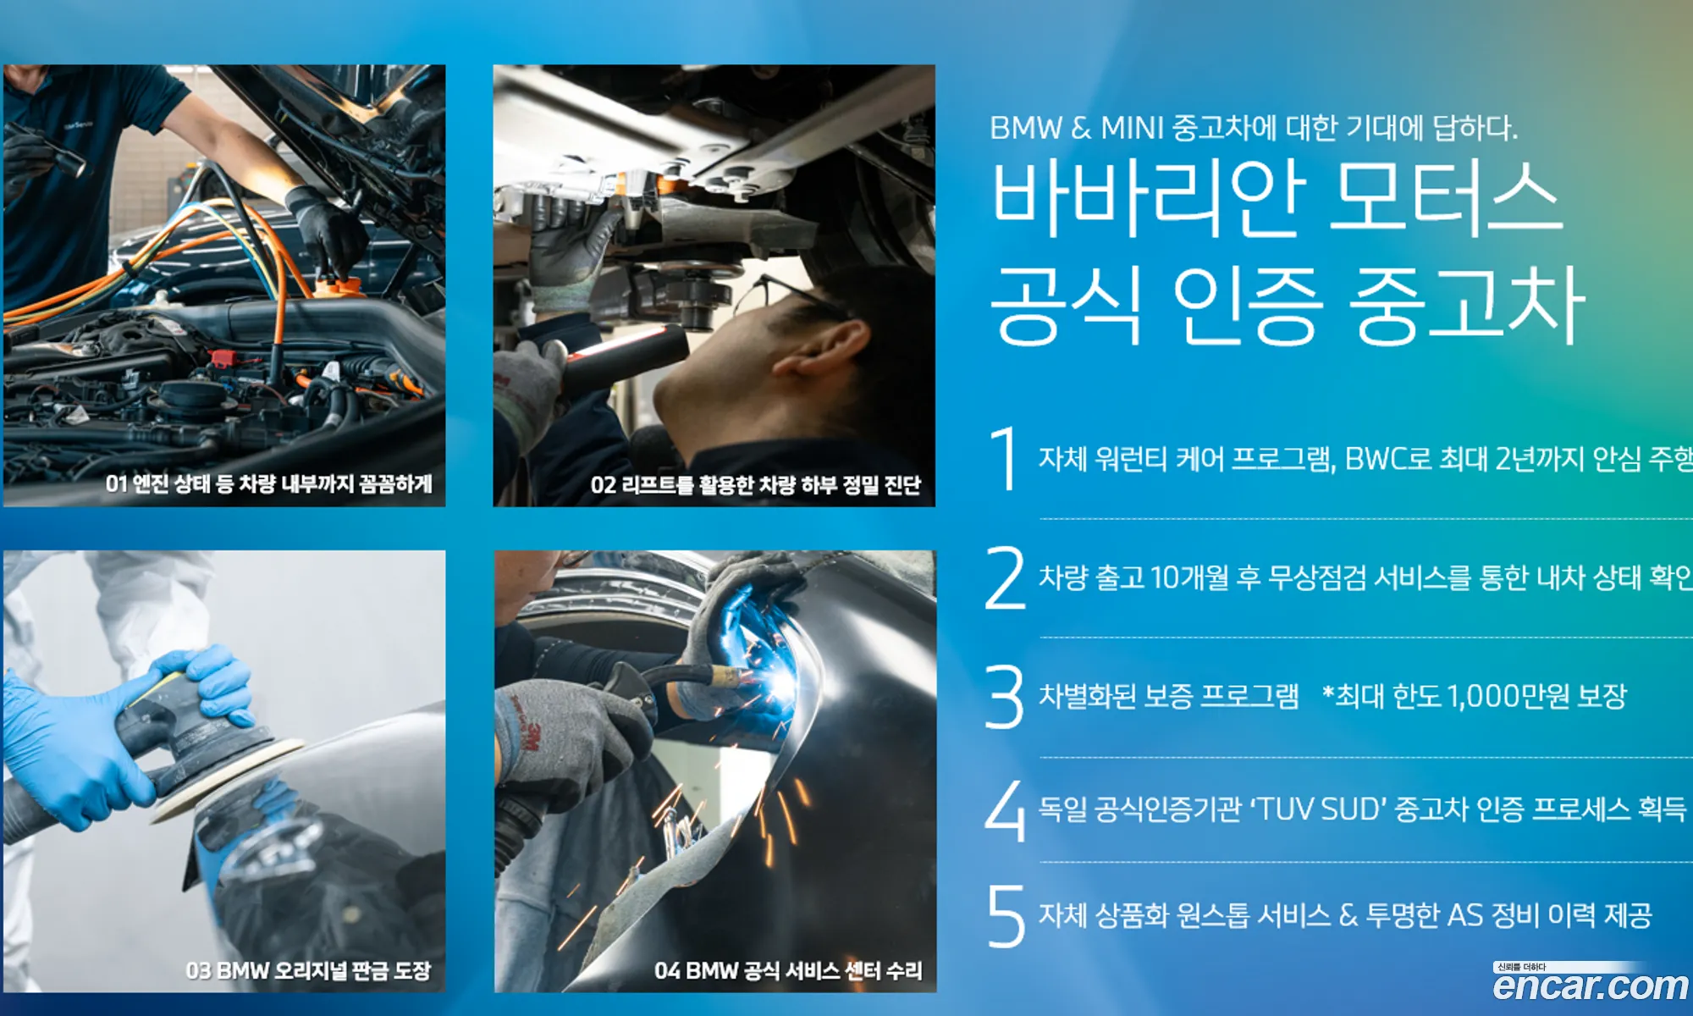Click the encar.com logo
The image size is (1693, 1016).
[1591, 985]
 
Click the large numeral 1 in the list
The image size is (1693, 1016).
[1005, 458]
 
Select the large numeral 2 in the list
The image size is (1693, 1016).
[1005, 577]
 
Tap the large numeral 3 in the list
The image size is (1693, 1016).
[1005, 696]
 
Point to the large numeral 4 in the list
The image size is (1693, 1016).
[1005, 810]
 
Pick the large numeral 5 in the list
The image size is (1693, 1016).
[1006, 915]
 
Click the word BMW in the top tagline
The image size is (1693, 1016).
[1026, 128]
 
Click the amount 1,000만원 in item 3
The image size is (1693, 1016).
[1508, 696]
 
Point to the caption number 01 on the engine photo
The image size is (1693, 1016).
[116, 483]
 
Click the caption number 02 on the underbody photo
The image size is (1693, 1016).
[603, 485]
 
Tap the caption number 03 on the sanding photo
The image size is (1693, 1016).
[198, 970]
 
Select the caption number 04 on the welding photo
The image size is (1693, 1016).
[667, 970]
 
